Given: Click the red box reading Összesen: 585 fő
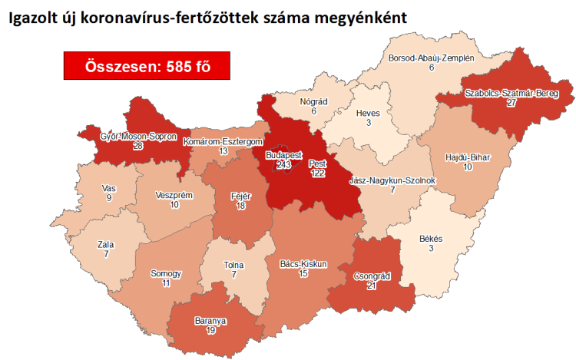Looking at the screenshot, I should click(x=147, y=66).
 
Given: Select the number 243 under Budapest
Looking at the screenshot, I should click(x=284, y=163).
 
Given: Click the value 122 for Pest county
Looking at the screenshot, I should click(x=317, y=173).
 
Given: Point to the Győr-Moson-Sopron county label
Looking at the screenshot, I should click(x=134, y=136).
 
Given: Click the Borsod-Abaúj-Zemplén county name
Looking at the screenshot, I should click(x=432, y=58).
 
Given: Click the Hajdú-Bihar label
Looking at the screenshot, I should click(x=468, y=157).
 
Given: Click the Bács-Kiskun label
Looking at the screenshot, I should click(x=303, y=264).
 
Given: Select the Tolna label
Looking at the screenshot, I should click(x=236, y=265).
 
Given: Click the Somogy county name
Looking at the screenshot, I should click(x=167, y=273).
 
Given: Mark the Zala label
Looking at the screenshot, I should click(x=106, y=244).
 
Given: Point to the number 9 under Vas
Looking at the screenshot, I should click(x=109, y=198).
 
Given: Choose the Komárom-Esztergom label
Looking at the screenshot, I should click(x=223, y=142).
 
